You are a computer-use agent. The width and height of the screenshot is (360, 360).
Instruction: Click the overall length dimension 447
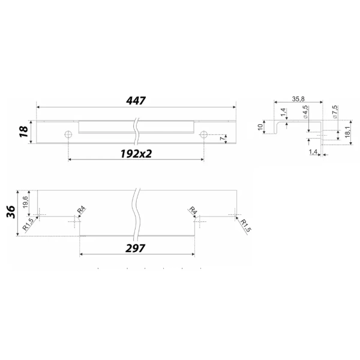tap(136, 101)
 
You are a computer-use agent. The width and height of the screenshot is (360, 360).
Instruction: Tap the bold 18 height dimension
tap(23, 132)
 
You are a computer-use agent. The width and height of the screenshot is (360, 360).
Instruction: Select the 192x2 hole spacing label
tap(136, 154)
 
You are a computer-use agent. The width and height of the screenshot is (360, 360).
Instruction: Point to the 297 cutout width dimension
tap(135, 248)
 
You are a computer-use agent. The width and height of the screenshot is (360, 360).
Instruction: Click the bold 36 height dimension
tap(11, 212)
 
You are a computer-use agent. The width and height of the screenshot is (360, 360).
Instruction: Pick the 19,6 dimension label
tap(25, 202)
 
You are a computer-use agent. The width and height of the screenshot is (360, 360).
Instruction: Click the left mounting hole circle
tap(68, 134)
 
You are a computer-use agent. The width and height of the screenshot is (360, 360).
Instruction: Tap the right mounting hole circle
tap(203, 134)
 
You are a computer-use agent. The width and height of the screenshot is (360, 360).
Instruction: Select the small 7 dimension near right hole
tap(222, 139)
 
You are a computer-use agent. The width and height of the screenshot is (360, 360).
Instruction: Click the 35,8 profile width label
tap(298, 99)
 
